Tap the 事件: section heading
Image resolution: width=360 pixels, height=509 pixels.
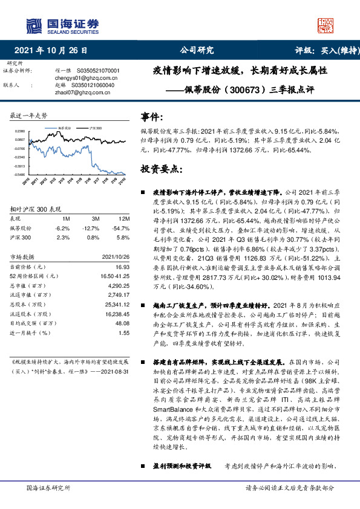tap(151, 117)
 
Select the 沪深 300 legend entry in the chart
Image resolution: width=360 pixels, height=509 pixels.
tap(92, 128)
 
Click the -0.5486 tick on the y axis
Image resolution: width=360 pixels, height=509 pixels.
tap(20, 174)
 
